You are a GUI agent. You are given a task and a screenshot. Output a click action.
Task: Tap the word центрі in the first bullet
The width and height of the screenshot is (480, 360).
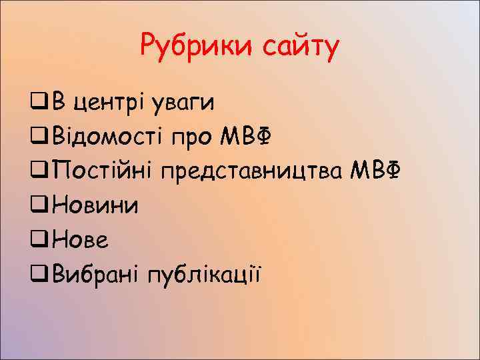(x=109, y=103)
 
